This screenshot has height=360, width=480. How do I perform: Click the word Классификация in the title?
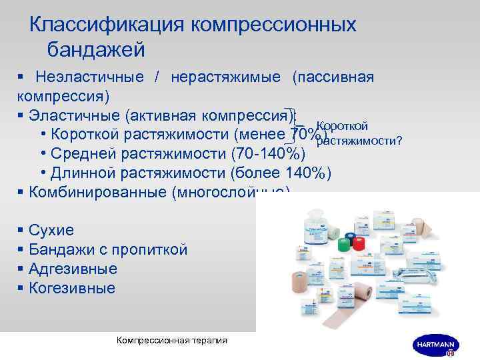(108, 25)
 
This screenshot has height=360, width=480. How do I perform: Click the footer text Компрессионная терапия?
(171, 340)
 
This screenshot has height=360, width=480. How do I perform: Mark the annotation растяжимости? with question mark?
(358, 140)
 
